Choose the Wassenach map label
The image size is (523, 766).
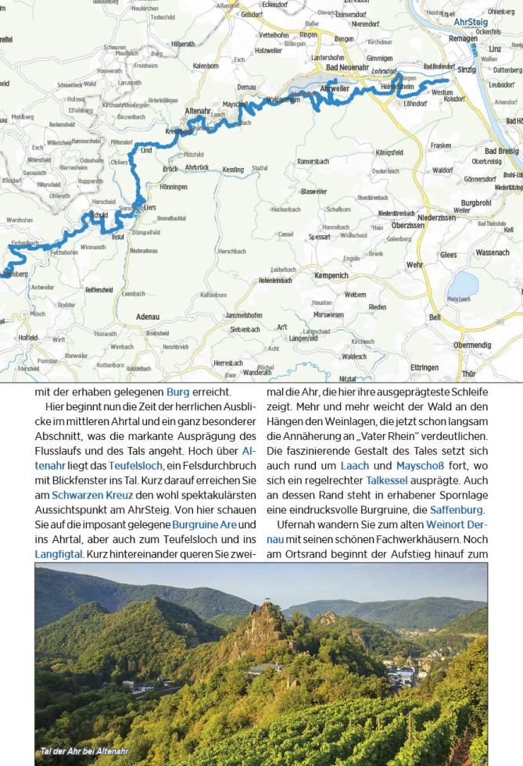tap(492, 252)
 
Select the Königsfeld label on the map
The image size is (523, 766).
tap(394, 153)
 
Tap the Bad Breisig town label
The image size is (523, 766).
tap(500, 151)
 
